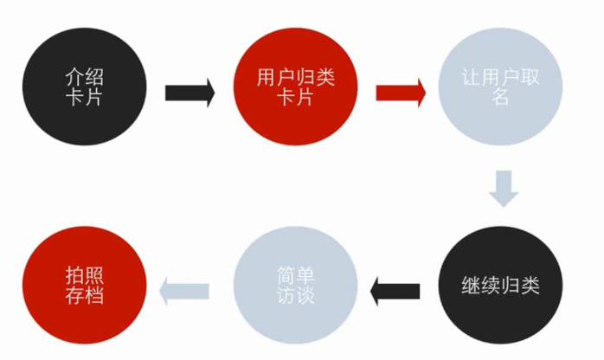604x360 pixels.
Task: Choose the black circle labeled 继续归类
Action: pos(501,286)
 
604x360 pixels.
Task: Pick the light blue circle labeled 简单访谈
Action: pos(296,286)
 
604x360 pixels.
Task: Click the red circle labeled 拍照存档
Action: pos(83,286)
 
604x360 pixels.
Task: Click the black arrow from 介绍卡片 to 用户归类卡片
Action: pos(190,93)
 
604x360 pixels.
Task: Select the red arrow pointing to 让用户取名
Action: pos(400,93)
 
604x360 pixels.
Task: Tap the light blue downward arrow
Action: pos(503,189)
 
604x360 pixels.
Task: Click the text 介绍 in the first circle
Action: pos(84,76)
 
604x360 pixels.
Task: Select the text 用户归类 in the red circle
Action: pos(295,76)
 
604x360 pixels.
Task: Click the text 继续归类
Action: pos(501,286)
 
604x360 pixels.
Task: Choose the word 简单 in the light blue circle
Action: pos(296,275)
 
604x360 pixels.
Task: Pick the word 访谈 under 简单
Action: pos(296,296)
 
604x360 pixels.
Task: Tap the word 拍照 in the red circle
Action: pos(84,275)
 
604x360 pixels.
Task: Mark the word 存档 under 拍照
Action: pos(84,296)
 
